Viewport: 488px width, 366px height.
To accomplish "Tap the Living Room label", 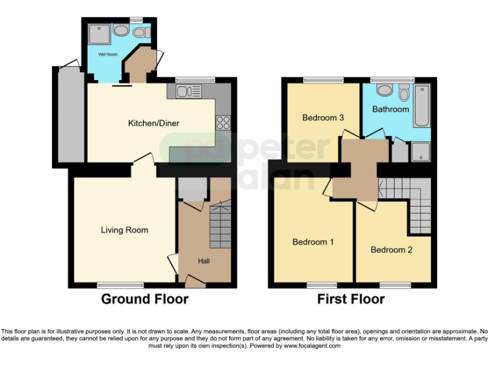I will coord(125,230).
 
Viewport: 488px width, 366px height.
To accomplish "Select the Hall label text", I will coord(203,261).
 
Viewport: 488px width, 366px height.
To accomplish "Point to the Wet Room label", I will coord(108,55).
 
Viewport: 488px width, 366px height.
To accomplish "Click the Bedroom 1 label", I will coord(313,242).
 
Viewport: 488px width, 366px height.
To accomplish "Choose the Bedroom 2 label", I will coord(391,250).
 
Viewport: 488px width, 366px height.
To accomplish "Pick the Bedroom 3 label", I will coord(323,118).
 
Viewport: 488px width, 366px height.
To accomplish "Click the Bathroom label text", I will coord(390,109).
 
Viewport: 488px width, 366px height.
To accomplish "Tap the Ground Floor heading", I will coord(144,299).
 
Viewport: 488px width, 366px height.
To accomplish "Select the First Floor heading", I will coord(351,299).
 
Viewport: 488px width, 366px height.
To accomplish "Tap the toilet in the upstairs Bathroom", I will coord(403,93).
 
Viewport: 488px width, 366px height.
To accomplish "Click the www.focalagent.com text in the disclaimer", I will coord(311,346).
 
